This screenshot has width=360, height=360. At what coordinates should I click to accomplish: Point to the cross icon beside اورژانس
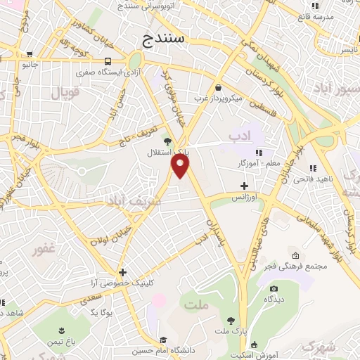point(244,186)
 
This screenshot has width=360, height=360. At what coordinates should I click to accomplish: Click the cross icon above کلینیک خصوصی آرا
point(123,272)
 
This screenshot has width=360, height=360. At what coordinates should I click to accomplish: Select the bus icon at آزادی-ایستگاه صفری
point(108,61)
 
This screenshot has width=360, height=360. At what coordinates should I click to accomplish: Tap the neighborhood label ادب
point(238,133)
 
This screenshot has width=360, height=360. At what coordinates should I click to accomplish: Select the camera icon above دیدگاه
point(273,288)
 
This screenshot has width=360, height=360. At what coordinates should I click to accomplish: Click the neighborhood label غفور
point(44,249)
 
